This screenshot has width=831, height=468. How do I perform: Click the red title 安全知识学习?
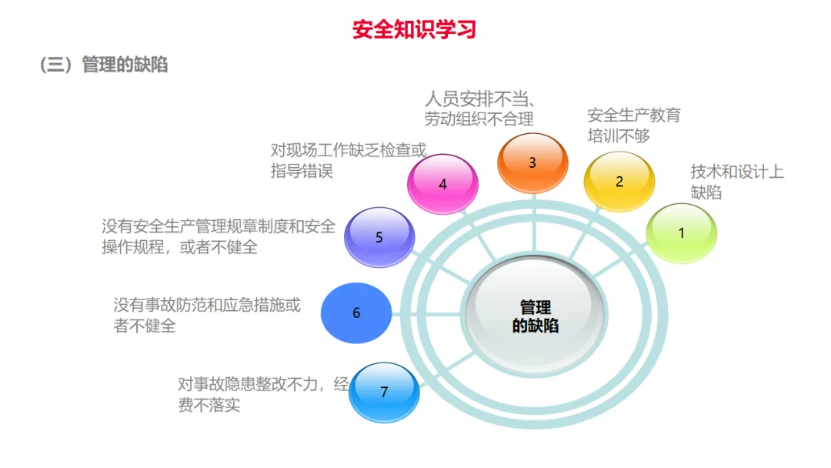[x=415, y=29]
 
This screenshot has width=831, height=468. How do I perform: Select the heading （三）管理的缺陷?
[x=104, y=65]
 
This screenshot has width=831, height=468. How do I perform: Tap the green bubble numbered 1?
[x=681, y=232]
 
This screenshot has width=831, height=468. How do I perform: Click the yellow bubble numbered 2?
[x=619, y=182]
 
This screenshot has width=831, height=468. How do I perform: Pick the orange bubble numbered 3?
[x=532, y=162]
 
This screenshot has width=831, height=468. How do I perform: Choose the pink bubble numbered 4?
[x=442, y=184]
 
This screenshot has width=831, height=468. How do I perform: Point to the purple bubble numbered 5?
[x=379, y=237]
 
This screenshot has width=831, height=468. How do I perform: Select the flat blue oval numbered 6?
[x=356, y=313]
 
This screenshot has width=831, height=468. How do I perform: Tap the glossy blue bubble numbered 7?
[x=384, y=392]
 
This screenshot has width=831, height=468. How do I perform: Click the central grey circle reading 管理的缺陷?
[x=536, y=316]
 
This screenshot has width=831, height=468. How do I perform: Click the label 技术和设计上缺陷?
[x=736, y=182]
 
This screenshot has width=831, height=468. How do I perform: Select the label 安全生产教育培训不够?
[x=634, y=125]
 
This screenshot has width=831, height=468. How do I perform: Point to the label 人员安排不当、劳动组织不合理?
[x=479, y=109]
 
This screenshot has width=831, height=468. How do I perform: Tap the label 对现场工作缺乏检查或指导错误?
[x=348, y=160]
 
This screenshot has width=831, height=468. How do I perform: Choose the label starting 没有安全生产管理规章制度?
[x=219, y=237]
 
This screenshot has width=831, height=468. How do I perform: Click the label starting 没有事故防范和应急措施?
[x=207, y=315]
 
